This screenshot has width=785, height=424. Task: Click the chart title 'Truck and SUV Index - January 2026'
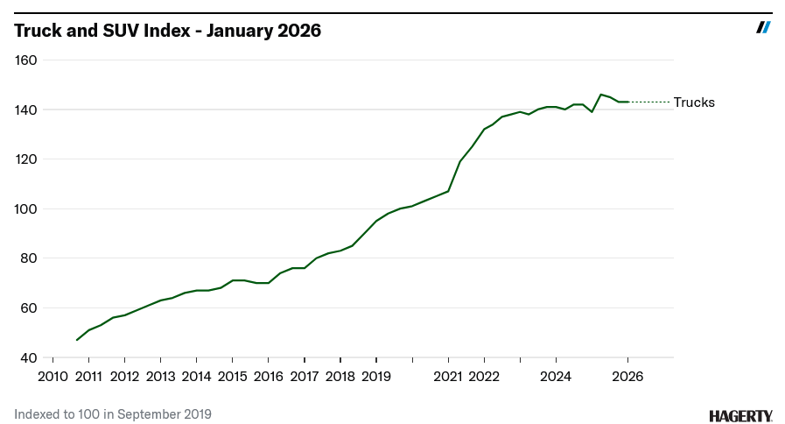coord(167,31)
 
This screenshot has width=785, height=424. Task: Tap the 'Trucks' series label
coord(694,102)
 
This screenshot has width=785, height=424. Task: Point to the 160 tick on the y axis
coord(25,60)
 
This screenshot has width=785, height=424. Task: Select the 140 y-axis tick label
coord(25,110)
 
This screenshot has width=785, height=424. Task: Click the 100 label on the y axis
coord(25,208)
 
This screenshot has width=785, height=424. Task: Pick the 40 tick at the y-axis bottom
coord(28,357)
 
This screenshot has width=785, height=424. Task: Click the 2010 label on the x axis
coord(53,377)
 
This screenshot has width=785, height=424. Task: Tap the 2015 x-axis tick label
coord(232,377)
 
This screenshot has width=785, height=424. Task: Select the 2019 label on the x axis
coord(375,377)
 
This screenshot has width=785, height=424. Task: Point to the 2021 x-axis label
coord(447,377)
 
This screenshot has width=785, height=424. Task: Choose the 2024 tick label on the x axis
coord(556,377)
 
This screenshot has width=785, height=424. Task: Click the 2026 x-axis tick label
coord(627,377)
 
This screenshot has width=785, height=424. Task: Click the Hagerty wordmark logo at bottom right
coord(740,415)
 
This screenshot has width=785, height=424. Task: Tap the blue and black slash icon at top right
coord(763,27)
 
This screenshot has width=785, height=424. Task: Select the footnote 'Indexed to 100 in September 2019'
coord(113,413)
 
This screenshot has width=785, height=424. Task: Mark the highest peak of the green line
coord(600,94)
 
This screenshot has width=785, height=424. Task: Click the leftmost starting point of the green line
coord(77,340)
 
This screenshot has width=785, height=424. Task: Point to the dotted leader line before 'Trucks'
coord(649,102)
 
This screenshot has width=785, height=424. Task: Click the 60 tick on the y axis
coord(28,307)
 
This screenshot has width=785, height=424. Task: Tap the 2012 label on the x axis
coord(124,377)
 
